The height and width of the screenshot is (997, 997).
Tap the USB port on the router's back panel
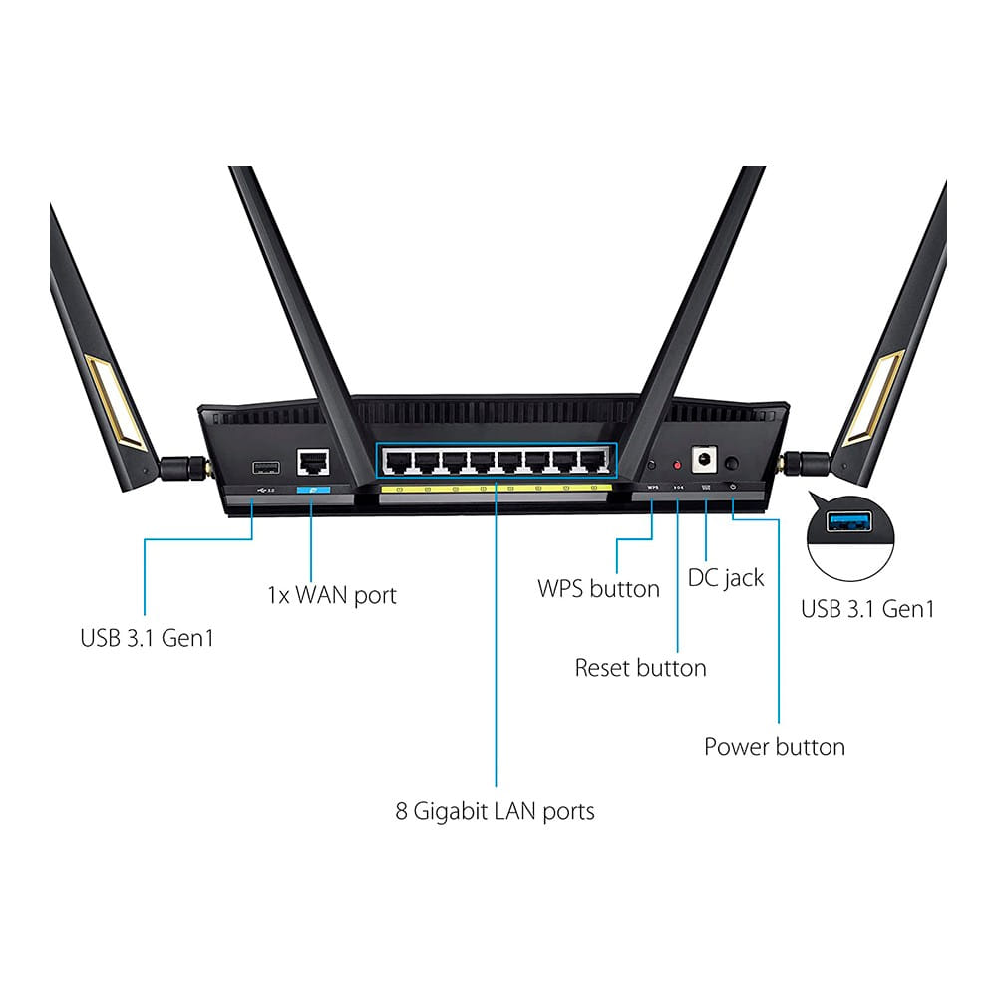click(266, 464)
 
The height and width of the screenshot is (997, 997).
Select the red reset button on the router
click(678, 465)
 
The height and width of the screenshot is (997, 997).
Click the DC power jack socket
click(706, 460)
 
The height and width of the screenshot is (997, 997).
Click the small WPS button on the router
click(652, 465)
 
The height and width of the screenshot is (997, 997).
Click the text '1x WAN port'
click(331, 596)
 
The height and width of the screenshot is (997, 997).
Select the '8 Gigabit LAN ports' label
click(495, 811)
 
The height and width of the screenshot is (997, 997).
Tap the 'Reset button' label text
click(640, 668)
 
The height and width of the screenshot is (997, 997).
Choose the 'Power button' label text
click(774, 747)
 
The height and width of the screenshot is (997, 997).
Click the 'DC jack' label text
click(726, 578)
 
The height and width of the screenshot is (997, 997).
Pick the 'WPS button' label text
click(598, 589)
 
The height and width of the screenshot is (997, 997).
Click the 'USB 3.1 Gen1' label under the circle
click(868, 609)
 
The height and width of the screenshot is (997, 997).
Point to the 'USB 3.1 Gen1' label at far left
click(147, 637)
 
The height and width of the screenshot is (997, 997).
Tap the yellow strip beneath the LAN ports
click(497, 489)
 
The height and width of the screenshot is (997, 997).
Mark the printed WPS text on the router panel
click(653, 488)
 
